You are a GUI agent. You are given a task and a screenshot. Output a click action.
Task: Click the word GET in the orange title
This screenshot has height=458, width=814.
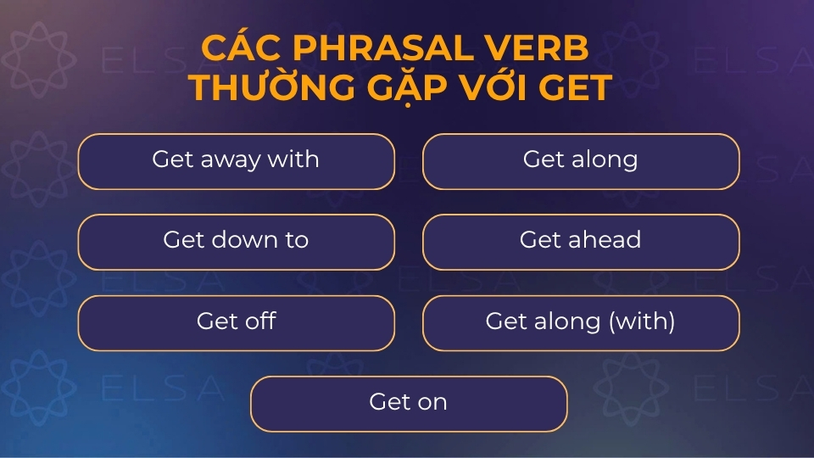tap(577, 87)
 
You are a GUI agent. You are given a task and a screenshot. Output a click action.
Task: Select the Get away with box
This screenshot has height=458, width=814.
tap(236, 161)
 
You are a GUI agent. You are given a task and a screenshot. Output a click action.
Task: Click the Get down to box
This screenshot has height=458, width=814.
tap(236, 242)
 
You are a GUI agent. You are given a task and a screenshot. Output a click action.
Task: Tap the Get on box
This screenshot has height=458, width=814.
tap(408, 404)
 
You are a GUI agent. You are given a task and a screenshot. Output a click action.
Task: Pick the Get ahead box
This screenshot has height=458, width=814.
tap(581, 242)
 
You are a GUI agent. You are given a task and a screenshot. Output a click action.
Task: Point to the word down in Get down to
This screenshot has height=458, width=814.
tap(239, 240)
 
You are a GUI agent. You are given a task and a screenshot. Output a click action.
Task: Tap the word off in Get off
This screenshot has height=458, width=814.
tap(258, 321)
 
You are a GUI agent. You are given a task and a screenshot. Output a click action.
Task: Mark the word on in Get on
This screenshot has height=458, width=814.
tap(432, 402)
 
